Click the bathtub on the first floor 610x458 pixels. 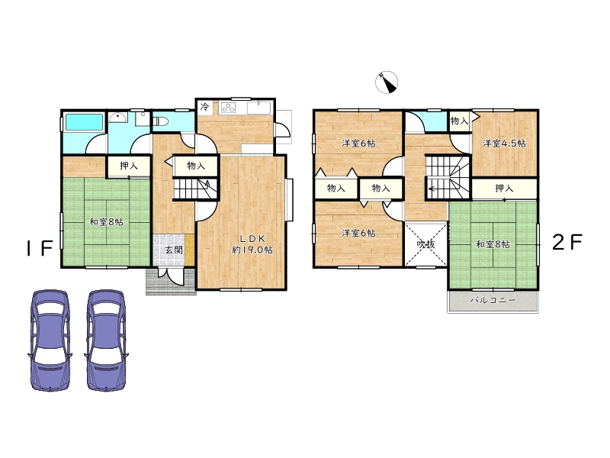click(84, 122)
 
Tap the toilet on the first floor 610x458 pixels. click(160, 121)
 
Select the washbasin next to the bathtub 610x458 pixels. click(116, 118)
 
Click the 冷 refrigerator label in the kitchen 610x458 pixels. click(204, 106)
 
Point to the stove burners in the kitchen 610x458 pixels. click(228, 108)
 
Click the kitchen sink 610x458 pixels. click(259, 108)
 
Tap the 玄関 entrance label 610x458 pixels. click(174, 250)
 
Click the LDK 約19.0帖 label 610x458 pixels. click(252, 244)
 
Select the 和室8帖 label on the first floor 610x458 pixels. click(107, 222)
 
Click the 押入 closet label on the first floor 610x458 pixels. click(129, 166)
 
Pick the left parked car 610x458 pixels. click(50, 340)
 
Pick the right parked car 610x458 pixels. click(106, 340)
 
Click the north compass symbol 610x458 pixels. click(387, 82)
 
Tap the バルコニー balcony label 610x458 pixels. click(493, 300)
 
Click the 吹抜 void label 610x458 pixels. click(425, 244)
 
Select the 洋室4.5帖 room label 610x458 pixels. click(504, 144)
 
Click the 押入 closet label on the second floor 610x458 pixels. click(504, 189)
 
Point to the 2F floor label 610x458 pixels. click(567, 242)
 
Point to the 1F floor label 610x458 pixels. click(40, 248)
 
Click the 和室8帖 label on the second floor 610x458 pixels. click(493, 244)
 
